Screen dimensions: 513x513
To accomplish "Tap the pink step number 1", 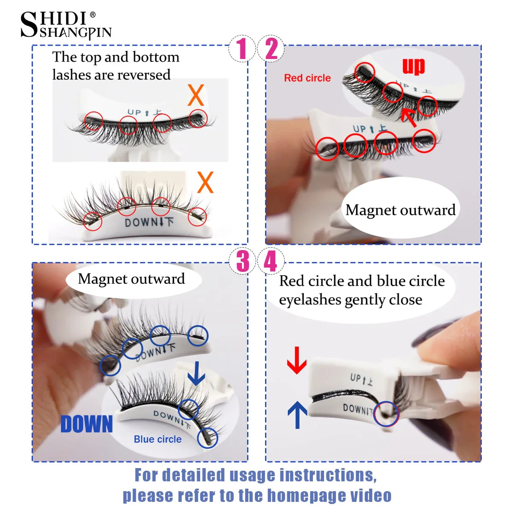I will click(242, 49).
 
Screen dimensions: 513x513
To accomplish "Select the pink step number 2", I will click(271, 49).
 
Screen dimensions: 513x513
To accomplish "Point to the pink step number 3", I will click(242, 262).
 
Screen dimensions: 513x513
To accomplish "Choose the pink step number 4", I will click(270, 262).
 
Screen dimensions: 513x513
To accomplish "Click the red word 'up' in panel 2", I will click(413, 66).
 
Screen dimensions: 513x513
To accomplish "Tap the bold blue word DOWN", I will click(87, 424).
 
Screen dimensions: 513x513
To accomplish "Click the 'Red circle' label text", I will click(307, 78).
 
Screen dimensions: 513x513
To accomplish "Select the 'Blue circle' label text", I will click(157, 439).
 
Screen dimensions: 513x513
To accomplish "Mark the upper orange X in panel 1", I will click(196, 95).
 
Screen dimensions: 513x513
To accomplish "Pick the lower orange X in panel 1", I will click(205, 183).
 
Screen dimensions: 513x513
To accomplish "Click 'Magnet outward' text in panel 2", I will click(400, 210).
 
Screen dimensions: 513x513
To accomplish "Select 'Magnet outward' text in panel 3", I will click(131, 279).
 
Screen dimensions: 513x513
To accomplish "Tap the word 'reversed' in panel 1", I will click(144, 75).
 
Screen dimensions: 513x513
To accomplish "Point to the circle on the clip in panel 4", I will click(386, 414).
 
